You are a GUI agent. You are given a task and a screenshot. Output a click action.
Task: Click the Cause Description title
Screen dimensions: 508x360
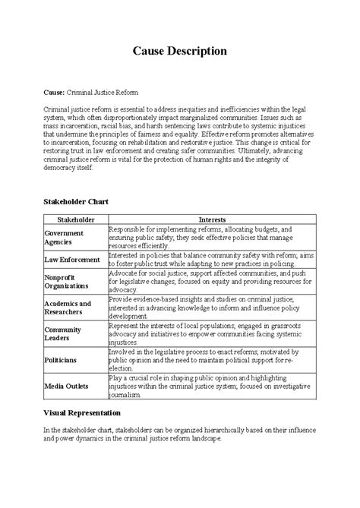point(180,51)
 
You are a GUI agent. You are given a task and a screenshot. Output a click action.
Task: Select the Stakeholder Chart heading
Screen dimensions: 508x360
point(77,203)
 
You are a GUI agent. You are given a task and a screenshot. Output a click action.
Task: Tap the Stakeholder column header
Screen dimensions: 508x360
point(75,219)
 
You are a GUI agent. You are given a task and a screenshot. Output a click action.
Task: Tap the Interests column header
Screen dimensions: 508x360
point(211,219)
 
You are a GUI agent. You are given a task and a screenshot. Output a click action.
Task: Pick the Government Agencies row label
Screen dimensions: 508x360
point(65,237)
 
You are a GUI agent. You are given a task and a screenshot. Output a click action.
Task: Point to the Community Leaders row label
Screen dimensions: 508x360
point(64,333)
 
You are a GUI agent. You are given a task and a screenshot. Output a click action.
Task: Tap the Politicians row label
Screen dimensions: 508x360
point(61,360)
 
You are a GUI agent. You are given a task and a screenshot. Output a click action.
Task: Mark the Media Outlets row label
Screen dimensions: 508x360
point(66,386)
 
